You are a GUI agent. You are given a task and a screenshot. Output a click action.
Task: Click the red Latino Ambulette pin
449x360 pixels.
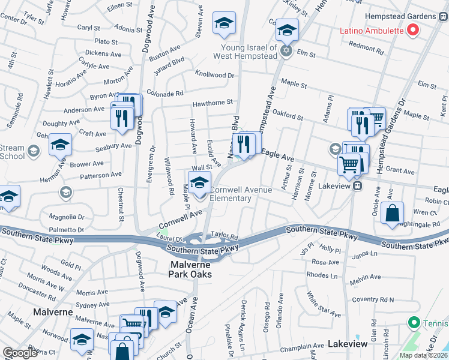click(x=412, y=29)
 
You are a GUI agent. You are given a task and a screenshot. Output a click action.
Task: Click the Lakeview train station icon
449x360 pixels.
click(x=357, y=185)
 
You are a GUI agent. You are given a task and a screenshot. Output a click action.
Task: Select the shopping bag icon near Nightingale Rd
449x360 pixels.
click(x=392, y=214)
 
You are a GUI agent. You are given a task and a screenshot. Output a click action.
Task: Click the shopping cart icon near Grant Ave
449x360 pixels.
click(x=349, y=164)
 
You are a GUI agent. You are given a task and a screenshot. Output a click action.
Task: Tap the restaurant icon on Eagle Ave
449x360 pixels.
click(x=243, y=145)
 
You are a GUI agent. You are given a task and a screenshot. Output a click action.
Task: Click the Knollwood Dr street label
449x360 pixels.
click(x=214, y=75)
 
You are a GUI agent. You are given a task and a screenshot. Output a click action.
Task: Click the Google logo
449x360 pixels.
click(x=20, y=353)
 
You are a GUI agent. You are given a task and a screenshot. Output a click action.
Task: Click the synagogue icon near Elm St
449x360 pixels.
click(x=287, y=52)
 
